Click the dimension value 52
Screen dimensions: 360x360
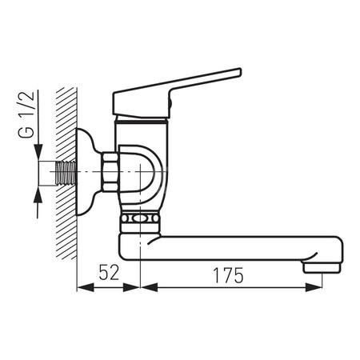tap(109, 272)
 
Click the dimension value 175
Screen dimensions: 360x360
tap(228, 275)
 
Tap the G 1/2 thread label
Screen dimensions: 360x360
tap(26, 114)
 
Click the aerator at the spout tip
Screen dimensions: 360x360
tap(322, 267)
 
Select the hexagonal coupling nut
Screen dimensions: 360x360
tap(110, 172)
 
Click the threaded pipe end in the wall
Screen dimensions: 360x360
tap(66, 173)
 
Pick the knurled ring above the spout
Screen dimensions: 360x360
tap(140, 219)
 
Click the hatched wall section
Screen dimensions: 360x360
tap(66, 174)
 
